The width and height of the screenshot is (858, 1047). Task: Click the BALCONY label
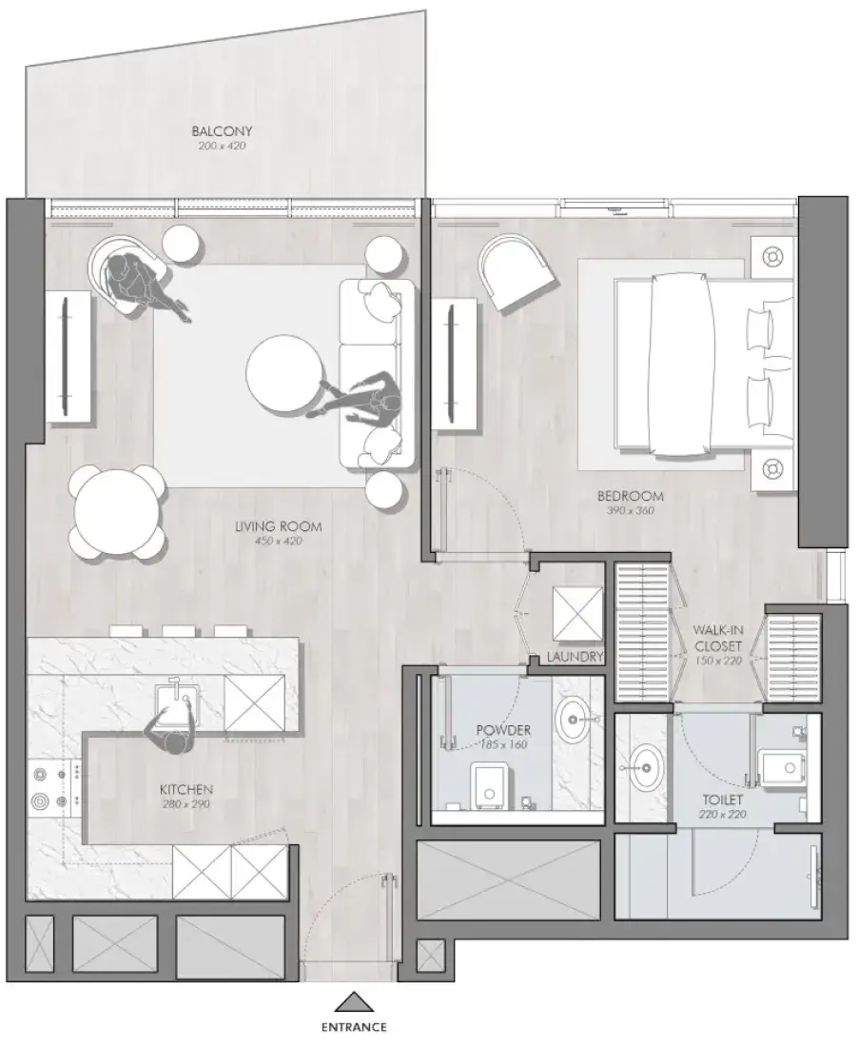[x=223, y=131]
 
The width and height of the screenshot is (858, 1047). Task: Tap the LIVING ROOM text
[x=278, y=526]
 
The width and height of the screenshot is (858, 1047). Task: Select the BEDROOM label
[x=631, y=496]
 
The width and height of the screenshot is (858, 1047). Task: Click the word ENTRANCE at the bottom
[x=354, y=1027]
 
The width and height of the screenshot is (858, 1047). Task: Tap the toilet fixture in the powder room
[x=491, y=788]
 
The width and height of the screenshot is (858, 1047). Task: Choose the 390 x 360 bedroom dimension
[x=631, y=511]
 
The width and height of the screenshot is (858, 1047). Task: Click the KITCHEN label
[x=186, y=790]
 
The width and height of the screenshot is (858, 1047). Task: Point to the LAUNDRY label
[x=575, y=657]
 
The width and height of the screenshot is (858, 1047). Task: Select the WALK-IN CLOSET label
[x=718, y=638]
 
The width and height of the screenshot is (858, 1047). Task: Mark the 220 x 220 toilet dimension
[x=723, y=814]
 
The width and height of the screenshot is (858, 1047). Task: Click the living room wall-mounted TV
[x=65, y=356]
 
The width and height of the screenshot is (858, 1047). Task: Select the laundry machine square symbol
[x=577, y=615]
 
